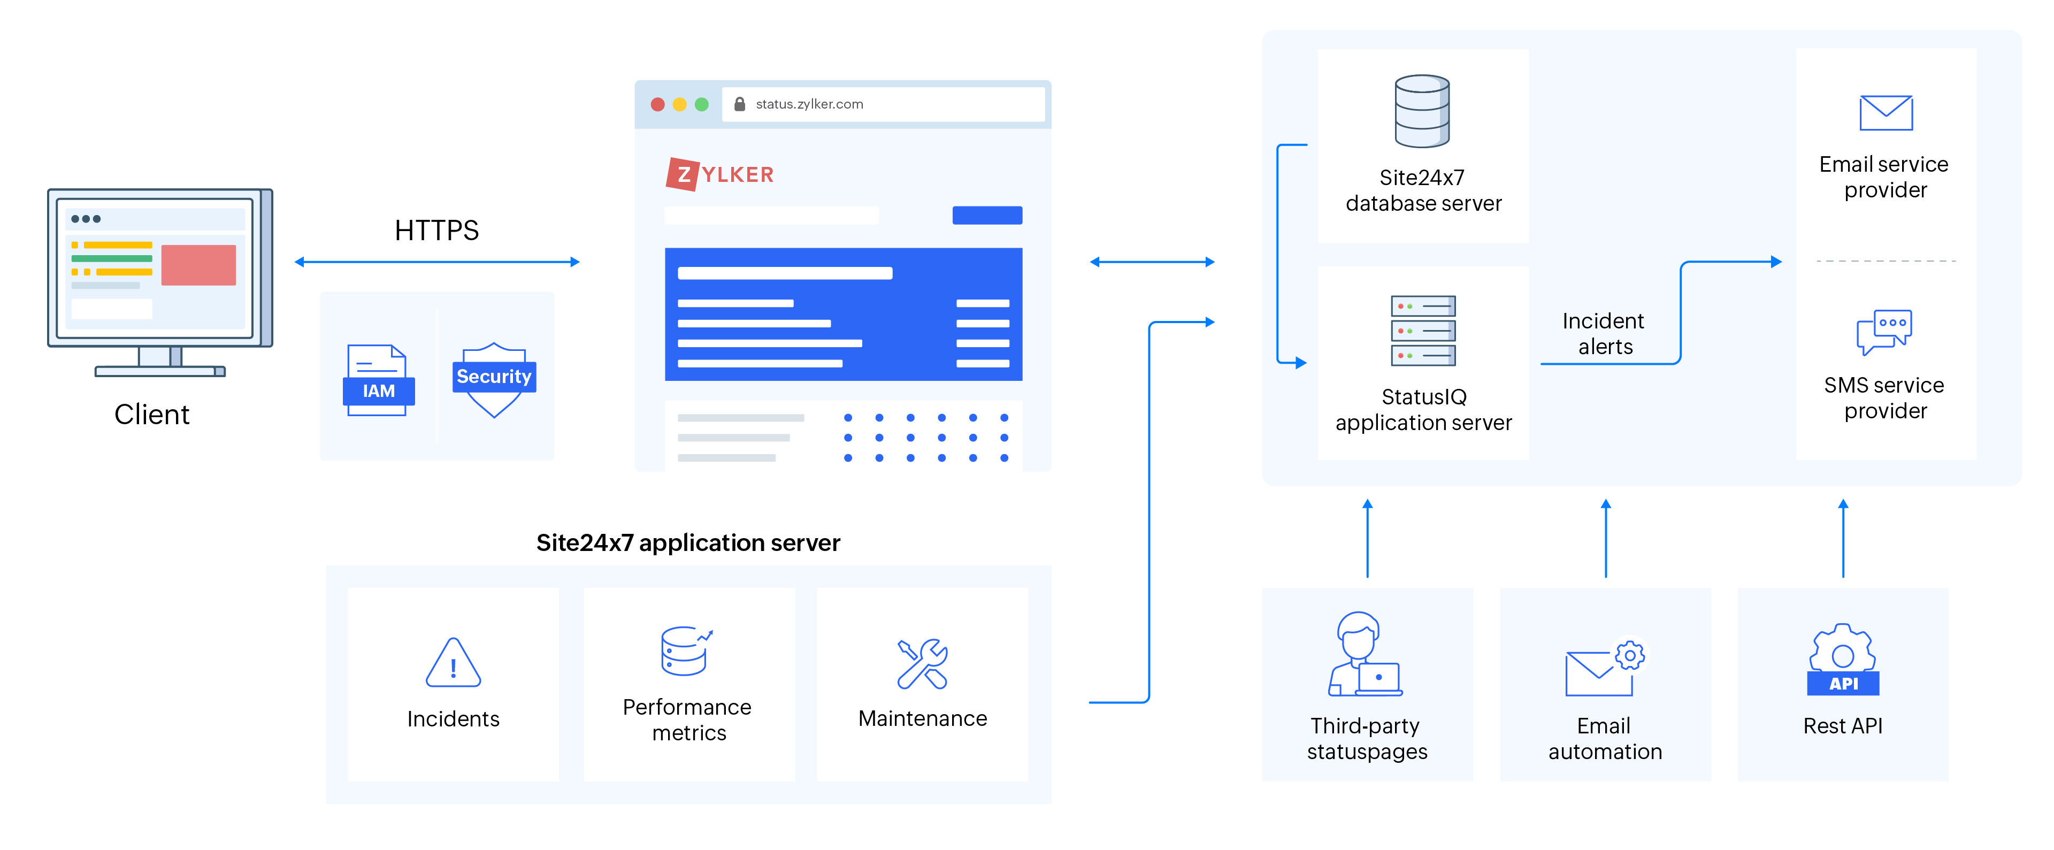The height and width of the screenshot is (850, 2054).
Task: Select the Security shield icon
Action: click(494, 379)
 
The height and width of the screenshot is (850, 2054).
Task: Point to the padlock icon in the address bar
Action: click(739, 104)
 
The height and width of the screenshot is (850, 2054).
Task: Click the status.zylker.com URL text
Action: click(809, 104)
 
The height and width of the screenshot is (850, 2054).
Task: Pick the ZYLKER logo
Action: click(720, 174)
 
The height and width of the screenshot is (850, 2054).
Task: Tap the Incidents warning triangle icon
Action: click(453, 663)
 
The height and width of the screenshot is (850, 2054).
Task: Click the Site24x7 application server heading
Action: click(687, 543)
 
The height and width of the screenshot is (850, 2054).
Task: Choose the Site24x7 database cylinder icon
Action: click(1422, 112)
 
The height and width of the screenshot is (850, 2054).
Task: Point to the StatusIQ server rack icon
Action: click(1422, 330)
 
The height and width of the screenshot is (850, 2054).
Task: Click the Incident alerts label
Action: click(1604, 333)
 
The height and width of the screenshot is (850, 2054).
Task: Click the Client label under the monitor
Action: click(151, 415)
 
